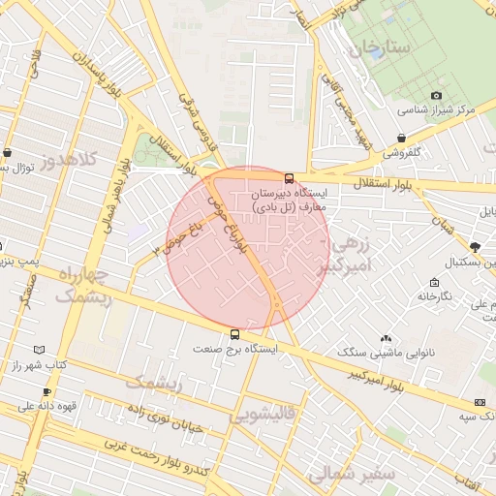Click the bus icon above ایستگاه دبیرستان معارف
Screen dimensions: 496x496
(289, 177)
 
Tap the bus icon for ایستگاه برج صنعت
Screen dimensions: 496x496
(234, 335)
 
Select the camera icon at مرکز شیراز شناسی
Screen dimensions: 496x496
(436, 95)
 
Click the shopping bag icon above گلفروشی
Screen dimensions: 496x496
(402, 138)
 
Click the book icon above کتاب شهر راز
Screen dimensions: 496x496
(39, 350)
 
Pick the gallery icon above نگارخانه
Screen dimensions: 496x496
(433, 282)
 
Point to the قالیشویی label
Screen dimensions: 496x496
(263, 415)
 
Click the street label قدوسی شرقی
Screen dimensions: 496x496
(195, 121)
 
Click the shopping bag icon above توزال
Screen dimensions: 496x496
(8, 153)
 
